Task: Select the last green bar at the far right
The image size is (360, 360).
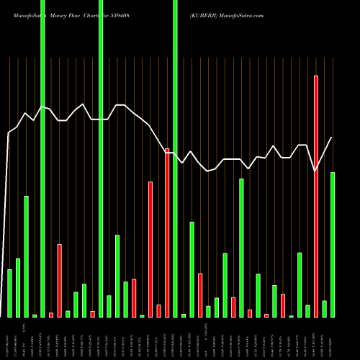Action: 332,245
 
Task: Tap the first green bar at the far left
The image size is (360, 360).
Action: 9,293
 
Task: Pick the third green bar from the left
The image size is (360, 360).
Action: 26,256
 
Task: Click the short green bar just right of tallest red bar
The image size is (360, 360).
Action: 324,309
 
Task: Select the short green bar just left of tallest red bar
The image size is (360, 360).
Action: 307,311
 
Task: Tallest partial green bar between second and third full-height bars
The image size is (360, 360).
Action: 117,276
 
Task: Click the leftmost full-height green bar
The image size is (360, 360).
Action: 42,158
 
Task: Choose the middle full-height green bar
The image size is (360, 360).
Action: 101,158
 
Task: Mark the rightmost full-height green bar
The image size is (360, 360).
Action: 175,158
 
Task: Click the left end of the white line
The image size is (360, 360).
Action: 8,133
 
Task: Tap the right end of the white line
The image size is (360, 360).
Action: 332,138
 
